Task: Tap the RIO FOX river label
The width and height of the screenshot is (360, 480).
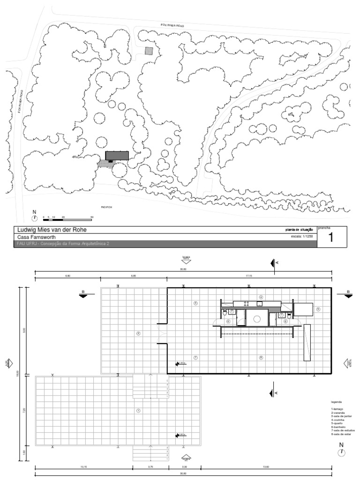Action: point(107,207)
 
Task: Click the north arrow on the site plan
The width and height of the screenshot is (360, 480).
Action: point(34,218)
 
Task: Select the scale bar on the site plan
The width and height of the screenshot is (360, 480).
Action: point(67,219)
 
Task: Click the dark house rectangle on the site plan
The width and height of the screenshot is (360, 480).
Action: point(117,156)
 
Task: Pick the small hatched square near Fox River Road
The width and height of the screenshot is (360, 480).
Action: point(149,51)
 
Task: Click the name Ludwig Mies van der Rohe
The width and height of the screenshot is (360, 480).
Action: point(52,230)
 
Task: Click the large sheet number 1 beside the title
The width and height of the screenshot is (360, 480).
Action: point(332,238)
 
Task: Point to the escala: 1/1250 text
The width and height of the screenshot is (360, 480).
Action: point(302,237)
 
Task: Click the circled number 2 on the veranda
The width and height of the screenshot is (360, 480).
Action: point(138,334)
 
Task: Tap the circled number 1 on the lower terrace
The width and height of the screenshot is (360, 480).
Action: point(138,411)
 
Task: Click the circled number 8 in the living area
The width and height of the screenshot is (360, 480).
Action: point(261,357)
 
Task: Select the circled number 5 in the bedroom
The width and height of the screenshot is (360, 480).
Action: point(317,309)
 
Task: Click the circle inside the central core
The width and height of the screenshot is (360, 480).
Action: point(256,319)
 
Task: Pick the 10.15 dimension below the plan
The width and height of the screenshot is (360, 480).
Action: point(84,466)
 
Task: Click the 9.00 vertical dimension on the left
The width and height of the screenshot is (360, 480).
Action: point(25,330)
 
